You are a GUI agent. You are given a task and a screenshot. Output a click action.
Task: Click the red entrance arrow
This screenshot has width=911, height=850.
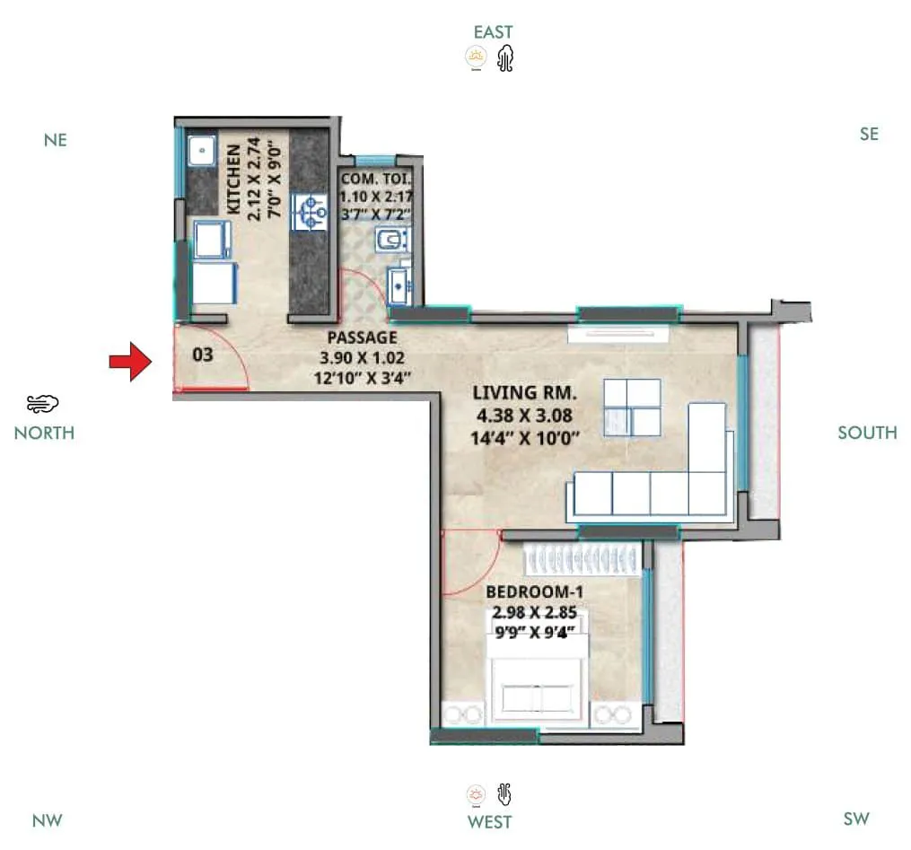pos(129,361)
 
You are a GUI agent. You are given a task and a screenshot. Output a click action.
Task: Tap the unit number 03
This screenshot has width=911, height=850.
pos(204,355)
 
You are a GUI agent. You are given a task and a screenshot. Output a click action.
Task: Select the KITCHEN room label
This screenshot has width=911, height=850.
pos(232,179)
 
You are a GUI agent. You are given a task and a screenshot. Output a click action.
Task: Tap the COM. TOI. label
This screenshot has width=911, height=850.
pos(375,180)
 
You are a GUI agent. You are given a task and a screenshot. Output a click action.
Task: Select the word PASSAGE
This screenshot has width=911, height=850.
pos(363,337)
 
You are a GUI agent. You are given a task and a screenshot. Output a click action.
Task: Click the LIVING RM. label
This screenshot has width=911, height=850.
pos(525,393)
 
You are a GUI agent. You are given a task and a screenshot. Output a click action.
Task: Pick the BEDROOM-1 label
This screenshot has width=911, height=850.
pos(529,592)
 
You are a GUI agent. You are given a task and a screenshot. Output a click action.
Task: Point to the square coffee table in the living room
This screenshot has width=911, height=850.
pos(632,407)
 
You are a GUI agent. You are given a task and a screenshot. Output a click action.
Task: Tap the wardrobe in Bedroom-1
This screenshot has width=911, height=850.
pos(583,560)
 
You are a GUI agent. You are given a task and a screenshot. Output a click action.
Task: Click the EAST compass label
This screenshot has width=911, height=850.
pos(493,32)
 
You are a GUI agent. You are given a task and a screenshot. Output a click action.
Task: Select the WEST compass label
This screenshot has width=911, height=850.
pos(490,821)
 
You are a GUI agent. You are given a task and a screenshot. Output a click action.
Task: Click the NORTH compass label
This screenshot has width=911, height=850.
pos(44,433)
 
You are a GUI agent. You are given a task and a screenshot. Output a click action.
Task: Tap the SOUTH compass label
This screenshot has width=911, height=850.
pos(867,433)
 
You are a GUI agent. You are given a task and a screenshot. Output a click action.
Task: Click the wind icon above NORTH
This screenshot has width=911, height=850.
pos(42,403)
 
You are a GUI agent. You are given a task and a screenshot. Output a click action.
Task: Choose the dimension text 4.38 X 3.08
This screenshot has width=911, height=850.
pos(525,416)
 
